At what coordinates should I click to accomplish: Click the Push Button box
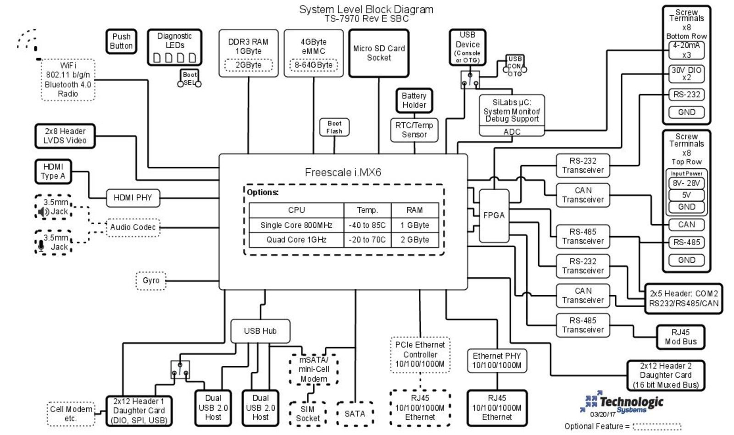coord(121,41)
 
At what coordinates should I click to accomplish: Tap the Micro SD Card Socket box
coord(378,53)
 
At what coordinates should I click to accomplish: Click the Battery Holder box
coord(414,100)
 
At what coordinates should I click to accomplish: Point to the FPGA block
coord(494,215)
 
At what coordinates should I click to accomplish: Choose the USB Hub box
coord(260,331)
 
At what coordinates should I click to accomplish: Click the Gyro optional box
coord(151,281)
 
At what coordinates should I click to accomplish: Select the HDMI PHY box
coord(133,198)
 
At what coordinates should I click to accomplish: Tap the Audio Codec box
coord(133,227)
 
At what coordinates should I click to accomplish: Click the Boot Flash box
coord(334,127)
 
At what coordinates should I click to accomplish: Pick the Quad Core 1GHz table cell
coord(296,240)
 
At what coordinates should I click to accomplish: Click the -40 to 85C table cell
coord(367,225)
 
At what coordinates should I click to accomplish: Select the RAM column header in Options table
coord(414,210)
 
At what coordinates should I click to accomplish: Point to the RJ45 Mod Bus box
coord(680,337)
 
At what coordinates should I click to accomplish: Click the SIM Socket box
coord(307,413)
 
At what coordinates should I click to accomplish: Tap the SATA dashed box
coord(355,413)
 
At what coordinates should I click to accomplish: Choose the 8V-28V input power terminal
coord(686,183)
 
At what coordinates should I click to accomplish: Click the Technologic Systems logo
coord(624,403)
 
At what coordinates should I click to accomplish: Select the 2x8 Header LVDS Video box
coord(65,136)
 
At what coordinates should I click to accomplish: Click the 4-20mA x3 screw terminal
coord(686,50)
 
